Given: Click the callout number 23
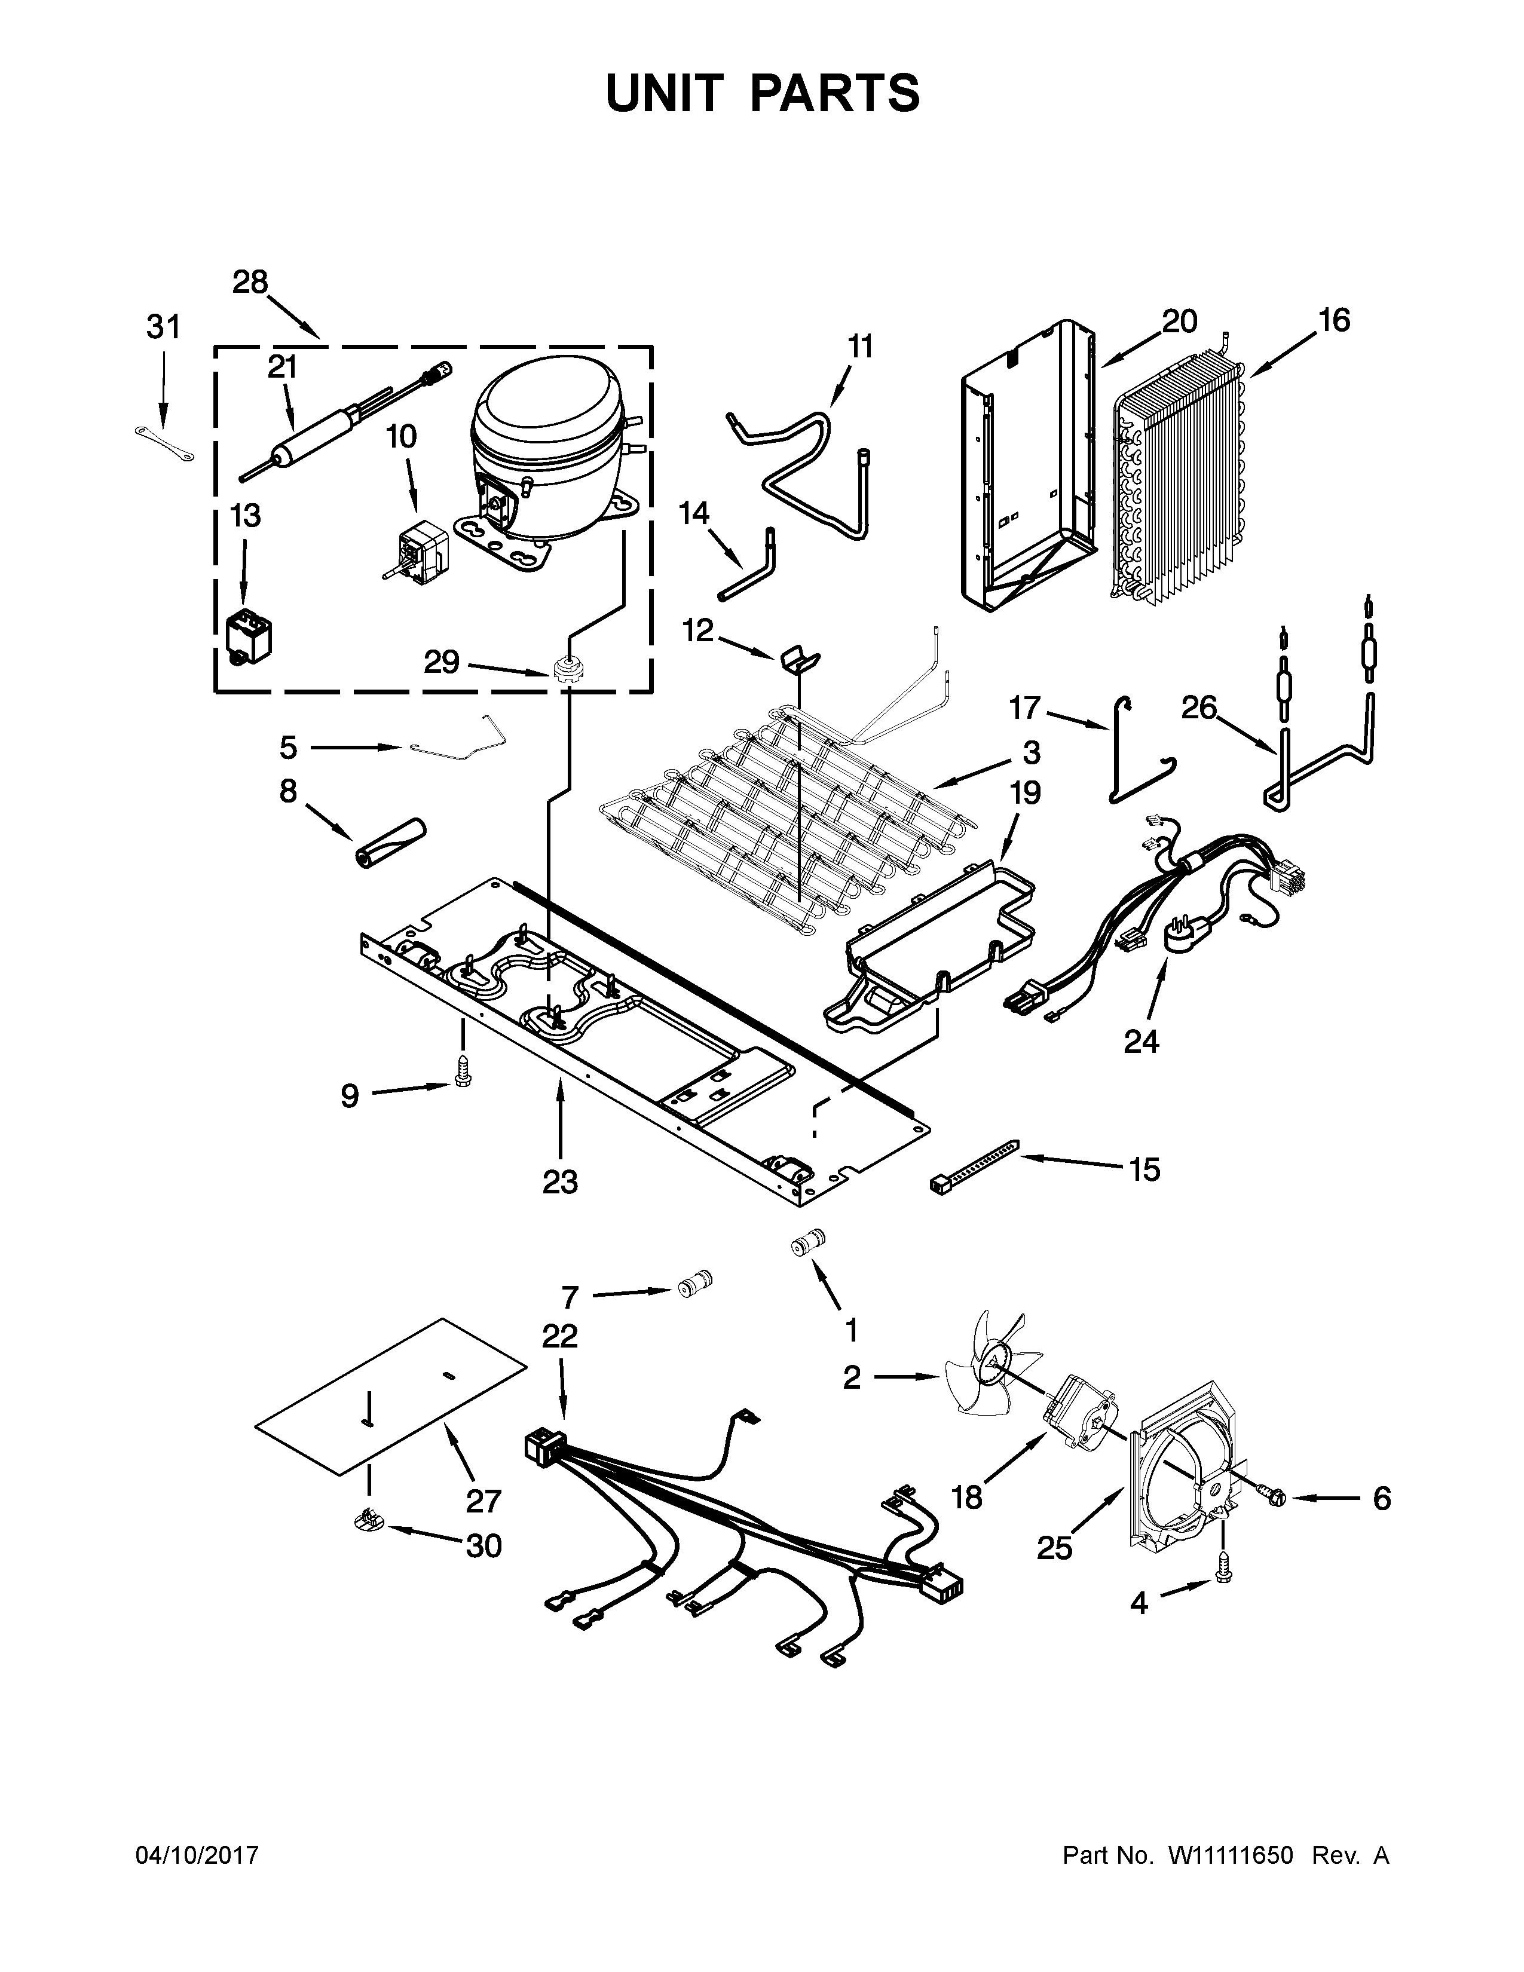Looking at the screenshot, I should pos(560,1182).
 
